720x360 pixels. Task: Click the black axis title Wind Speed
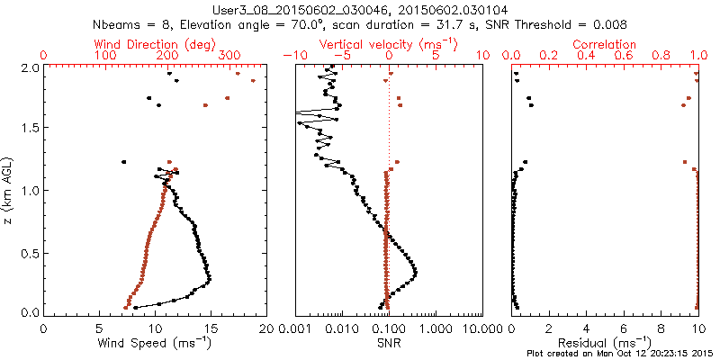(155, 343)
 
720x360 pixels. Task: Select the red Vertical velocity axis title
(390, 43)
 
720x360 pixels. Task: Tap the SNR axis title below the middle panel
(390, 343)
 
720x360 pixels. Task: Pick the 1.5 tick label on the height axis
(29, 129)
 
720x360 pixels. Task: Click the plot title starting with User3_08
(360, 8)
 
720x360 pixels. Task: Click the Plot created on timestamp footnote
(622, 353)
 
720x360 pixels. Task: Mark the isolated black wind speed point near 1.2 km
(123, 162)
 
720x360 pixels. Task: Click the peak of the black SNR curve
(416, 271)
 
